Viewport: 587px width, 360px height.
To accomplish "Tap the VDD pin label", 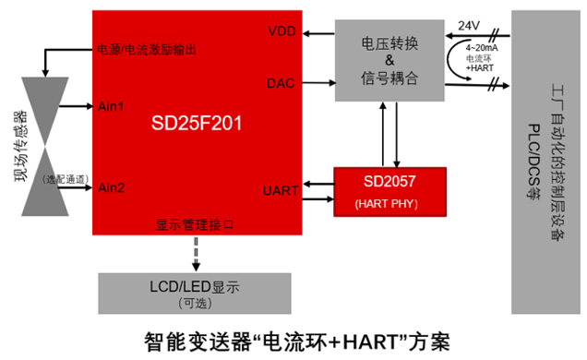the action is click(x=282, y=31).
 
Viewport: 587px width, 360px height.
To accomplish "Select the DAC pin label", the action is click(x=282, y=83).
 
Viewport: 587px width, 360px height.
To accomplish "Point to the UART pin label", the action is click(x=280, y=190).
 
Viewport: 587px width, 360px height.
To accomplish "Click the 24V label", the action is click(x=470, y=25).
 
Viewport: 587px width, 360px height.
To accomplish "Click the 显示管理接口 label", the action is click(x=195, y=224).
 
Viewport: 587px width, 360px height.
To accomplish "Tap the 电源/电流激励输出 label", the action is click(x=158, y=48).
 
